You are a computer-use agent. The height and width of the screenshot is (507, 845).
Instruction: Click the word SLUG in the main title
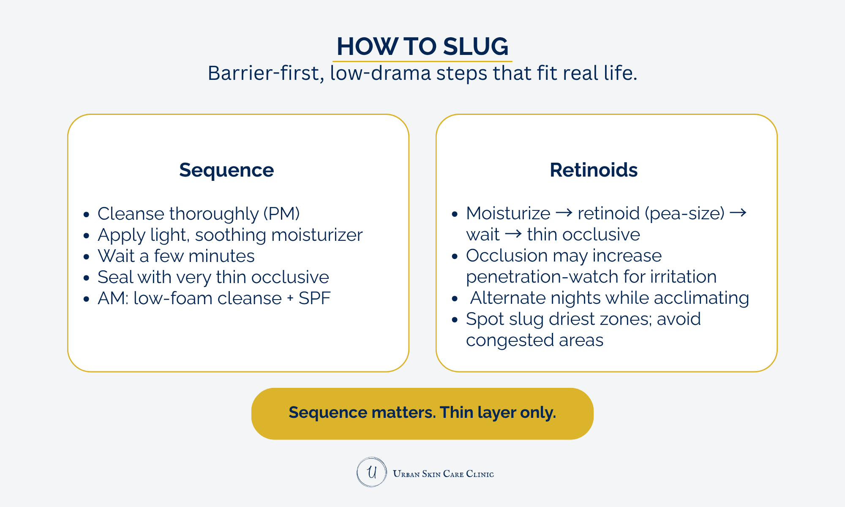pyautogui.click(x=476, y=46)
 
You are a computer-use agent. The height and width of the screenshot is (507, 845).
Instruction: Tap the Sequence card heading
pyautogui.click(x=226, y=170)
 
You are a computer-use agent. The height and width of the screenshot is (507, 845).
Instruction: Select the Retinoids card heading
pyautogui.click(x=593, y=170)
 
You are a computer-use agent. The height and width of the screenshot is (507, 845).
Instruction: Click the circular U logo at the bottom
pyautogui.click(x=371, y=472)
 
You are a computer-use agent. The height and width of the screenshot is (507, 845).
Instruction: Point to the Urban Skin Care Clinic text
pyautogui.click(x=443, y=474)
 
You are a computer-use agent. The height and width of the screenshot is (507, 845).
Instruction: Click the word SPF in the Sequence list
pyautogui.click(x=314, y=298)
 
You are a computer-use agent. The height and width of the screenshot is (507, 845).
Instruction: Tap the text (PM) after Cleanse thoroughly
pyautogui.click(x=281, y=214)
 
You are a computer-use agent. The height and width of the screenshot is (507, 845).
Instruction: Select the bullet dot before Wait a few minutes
pyautogui.click(x=87, y=257)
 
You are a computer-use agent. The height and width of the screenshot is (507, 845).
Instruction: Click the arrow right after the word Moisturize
pyautogui.click(x=564, y=213)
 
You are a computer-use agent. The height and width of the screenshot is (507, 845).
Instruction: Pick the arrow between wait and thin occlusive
pyautogui.click(x=513, y=234)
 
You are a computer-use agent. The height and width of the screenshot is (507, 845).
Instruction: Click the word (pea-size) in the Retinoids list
pyautogui.click(x=684, y=213)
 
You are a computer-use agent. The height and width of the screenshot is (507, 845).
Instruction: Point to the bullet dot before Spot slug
pyautogui.click(x=455, y=320)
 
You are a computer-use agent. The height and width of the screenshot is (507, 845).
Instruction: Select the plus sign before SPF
pyautogui.click(x=290, y=298)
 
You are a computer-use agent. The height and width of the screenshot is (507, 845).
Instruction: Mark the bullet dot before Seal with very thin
pyautogui.click(x=87, y=278)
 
